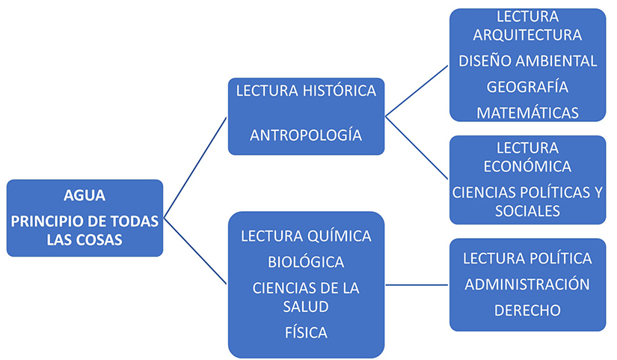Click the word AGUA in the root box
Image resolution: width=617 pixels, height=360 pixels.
click(x=85, y=195)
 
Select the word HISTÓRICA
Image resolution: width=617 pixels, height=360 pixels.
click(x=340, y=91)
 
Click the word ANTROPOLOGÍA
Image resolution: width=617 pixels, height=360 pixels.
click(x=306, y=135)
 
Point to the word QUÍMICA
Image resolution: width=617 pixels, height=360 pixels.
click(x=340, y=236)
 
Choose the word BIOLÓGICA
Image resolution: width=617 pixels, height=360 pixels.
click(x=306, y=262)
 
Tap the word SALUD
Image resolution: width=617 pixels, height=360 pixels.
click(x=306, y=306)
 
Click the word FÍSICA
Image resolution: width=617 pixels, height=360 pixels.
click(x=306, y=333)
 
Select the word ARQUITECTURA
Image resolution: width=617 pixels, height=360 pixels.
click(x=527, y=35)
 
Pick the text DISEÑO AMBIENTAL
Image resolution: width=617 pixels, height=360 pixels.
click(x=528, y=61)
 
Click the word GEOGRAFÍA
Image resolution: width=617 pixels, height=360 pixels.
click(x=527, y=87)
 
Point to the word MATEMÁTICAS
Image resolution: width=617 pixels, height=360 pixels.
click(x=528, y=113)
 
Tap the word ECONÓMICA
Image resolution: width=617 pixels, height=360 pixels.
click(x=527, y=166)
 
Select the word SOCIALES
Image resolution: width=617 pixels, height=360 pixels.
click(x=527, y=211)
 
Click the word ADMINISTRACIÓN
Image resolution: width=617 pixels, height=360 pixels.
click(x=527, y=284)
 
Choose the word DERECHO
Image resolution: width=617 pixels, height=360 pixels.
click(x=527, y=311)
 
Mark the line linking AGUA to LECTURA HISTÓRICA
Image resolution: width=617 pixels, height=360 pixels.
click(x=195, y=168)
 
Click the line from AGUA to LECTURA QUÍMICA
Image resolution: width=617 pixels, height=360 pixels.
click(x=195, y=251)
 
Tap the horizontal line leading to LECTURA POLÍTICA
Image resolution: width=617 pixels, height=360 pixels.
click(x=417, y=284)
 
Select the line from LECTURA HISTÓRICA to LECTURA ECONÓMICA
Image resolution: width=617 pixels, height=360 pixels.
click(x=417, y=148)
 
